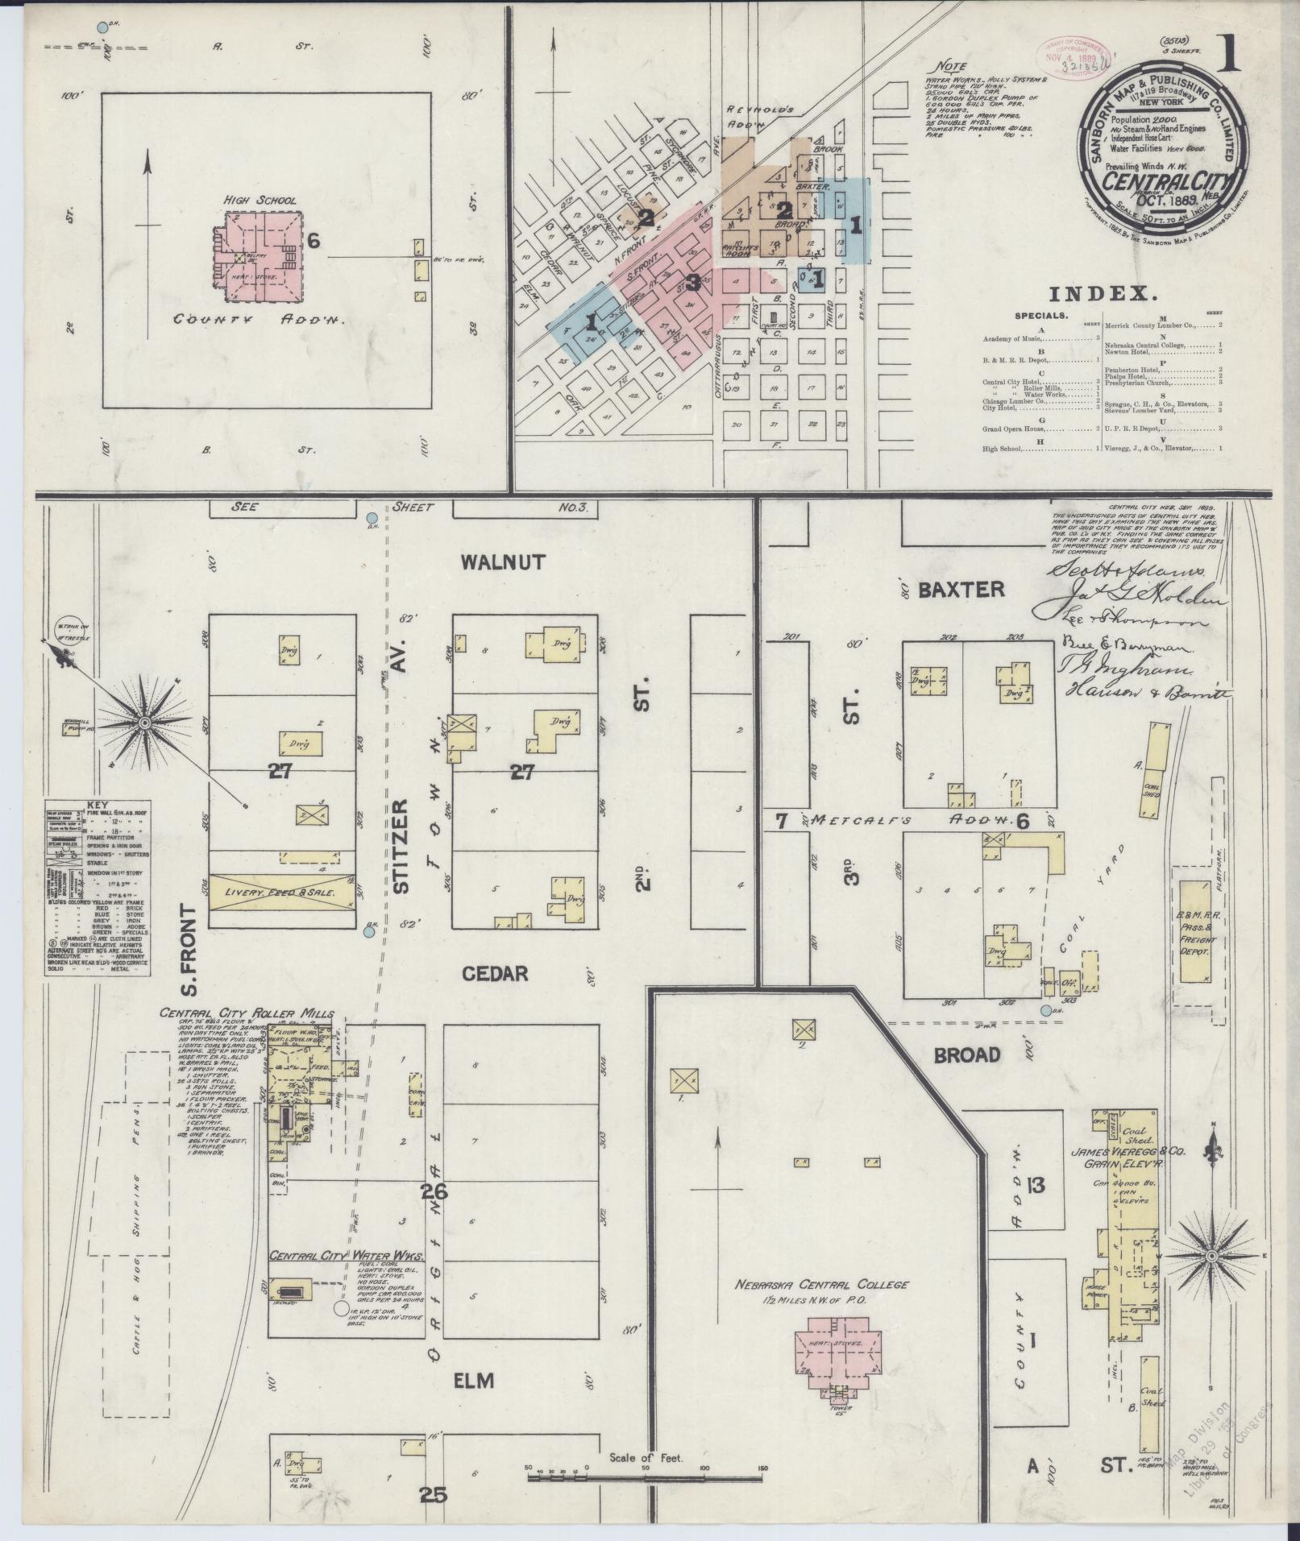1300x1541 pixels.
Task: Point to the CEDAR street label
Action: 495,974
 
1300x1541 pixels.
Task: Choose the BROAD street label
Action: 967,1054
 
